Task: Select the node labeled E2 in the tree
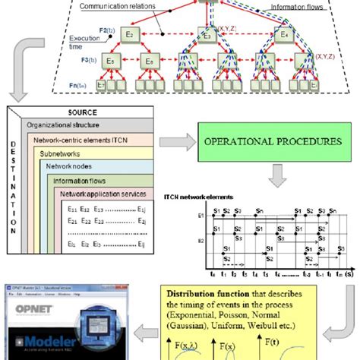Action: (x=130, y=34)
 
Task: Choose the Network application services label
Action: (x=103, y=194)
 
